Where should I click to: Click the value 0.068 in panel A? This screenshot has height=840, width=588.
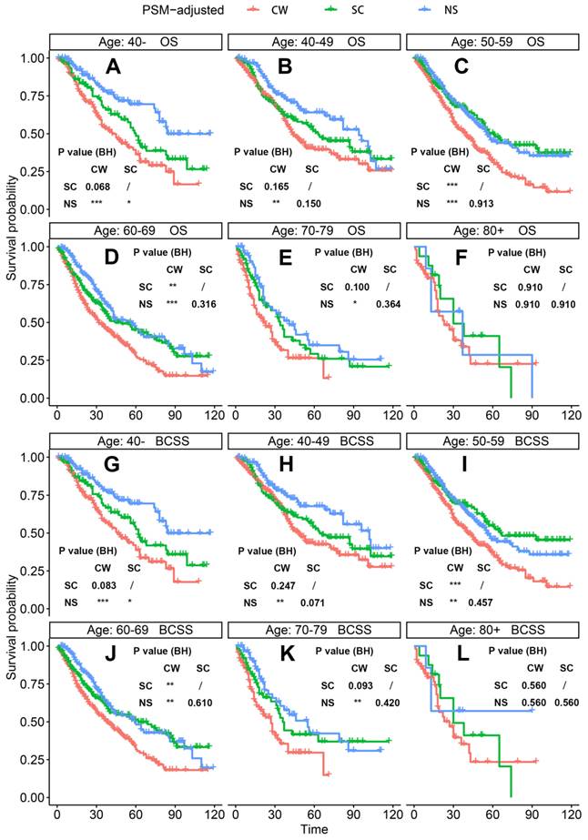tap(98, 187)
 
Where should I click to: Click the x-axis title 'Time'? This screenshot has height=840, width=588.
tap(312, 829)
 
